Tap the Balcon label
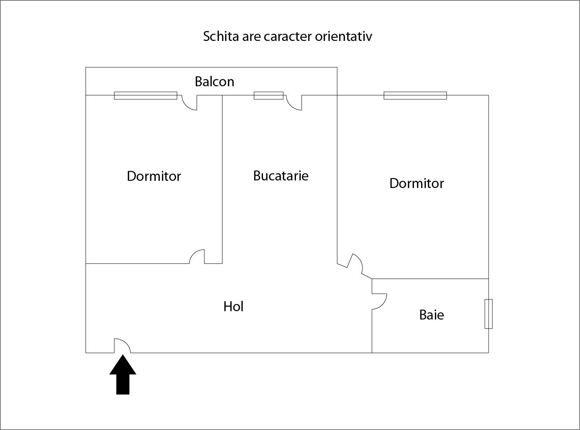pos(214,81)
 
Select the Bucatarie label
pos(280,176)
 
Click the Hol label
pos(233,306)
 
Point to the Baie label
pos(431,315)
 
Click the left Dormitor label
pos(154,176)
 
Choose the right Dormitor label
pos(416,183)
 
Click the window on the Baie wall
pos(488,314)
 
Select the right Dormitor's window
pos(415,95)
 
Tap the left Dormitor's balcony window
pos(145,95)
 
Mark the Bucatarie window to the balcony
pos(269,95)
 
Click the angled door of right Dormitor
pos(356,263)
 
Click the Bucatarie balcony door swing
pos(294,103)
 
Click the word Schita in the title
pos(220,36)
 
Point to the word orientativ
pos(343,36)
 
